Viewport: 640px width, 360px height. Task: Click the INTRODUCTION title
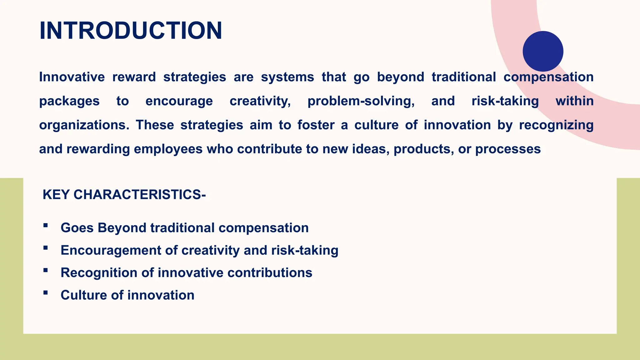(x=131, y=31)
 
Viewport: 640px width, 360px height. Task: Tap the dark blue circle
(x=543, y=51)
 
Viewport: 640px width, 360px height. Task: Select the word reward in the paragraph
(x=134, y=77)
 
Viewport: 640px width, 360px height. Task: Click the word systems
(x=287, y=77)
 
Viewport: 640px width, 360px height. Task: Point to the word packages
(x=69, y=101)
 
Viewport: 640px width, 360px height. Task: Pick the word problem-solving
(x=361, y=101)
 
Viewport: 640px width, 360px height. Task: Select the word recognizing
(x=556, y=125)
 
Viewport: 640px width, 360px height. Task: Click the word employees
(x=168, y=149)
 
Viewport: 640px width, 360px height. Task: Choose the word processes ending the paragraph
(x=508, y=149)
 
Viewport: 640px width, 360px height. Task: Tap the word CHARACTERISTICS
(x=137, y=195)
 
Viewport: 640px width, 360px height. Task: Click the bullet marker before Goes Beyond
(x=46, y=225)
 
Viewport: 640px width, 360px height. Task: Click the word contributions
(x=270, y=272)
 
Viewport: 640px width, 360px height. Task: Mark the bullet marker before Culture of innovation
(x=46, y=293)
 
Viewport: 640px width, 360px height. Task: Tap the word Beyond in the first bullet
(x=122, y=228)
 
